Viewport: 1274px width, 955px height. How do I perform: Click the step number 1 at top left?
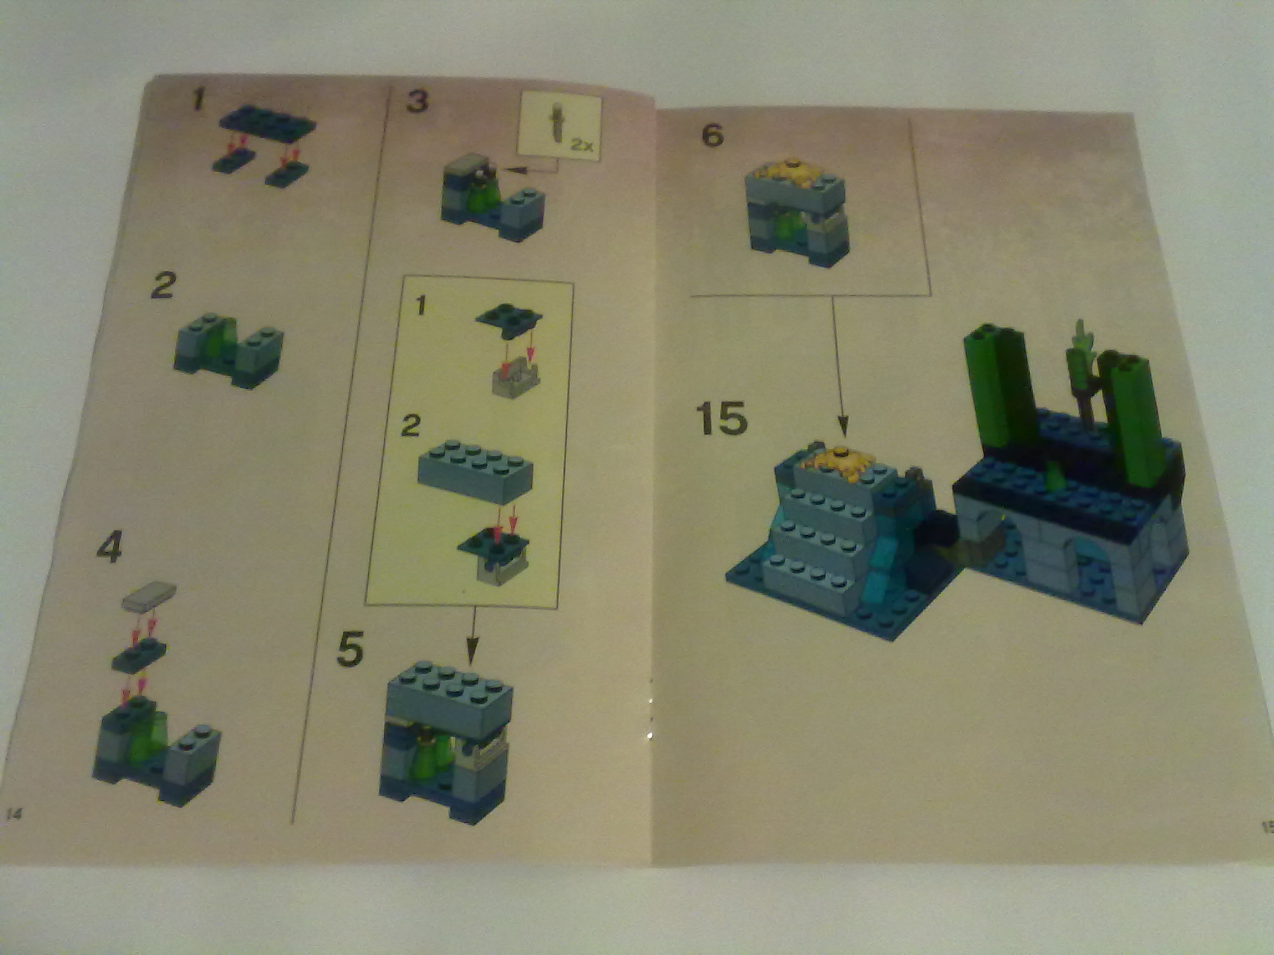(x=198, y=100)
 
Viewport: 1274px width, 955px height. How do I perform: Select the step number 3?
(x=417, y=101)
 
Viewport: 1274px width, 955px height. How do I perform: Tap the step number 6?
(x=712, y=134)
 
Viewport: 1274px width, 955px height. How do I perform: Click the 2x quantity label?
(x=582, y=146)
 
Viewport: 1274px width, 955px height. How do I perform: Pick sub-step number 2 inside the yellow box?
(x=411, y=427)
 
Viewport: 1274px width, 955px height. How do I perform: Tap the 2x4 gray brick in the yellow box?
(x=476, y=471)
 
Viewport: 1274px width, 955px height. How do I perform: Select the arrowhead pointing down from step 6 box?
(x=843, y=426)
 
